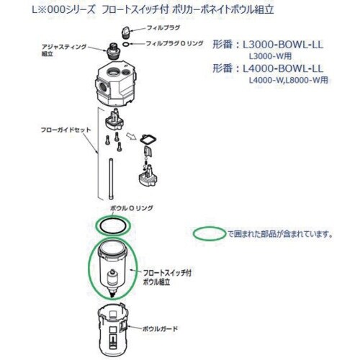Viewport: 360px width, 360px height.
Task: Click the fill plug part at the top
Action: coord(125,32)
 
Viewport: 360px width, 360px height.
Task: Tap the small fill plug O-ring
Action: coord(126,44)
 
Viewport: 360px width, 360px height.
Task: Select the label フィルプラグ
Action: coord(163,28)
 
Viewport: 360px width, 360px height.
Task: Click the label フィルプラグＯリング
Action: coord(174,43)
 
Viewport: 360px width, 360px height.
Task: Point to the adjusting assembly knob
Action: coord(112,52)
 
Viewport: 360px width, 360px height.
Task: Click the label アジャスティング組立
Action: coord(64,50)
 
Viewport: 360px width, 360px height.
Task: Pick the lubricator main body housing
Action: coord(116,84)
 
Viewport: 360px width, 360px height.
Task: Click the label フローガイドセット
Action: coord(66,130)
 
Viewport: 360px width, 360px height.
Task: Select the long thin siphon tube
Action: coord(111,179)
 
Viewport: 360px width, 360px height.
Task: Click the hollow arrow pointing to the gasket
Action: coord(131,137)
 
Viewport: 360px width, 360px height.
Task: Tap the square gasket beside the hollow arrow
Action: coord(148,140)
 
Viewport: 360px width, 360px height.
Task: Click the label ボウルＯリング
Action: coord(132,208)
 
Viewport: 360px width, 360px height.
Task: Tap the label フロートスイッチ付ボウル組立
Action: coord(167,277)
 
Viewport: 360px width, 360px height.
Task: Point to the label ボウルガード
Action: coord(160,328)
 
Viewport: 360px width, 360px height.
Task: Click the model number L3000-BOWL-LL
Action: coord(283,45)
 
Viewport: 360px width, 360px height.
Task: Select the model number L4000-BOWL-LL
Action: coord(283,69)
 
